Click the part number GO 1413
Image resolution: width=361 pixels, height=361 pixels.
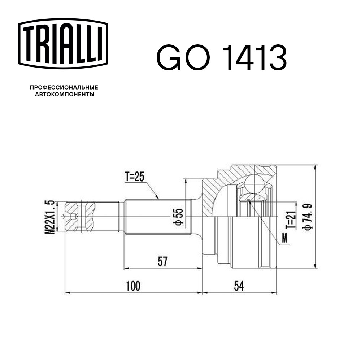221,57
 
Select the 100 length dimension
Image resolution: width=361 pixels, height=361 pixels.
133,286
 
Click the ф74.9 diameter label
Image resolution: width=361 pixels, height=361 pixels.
308,217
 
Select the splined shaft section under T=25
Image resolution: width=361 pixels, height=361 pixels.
157,217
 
